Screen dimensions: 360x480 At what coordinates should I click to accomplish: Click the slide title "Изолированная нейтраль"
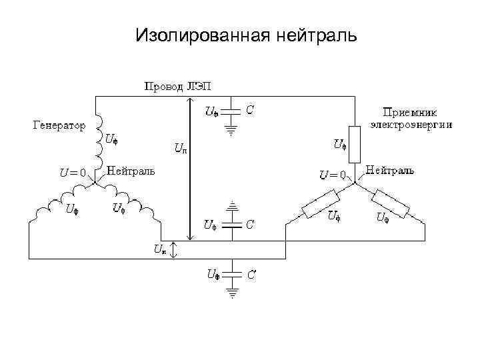pyautogui.click(x=246, y=34)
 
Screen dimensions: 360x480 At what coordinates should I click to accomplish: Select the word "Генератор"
pyautogui.click(x=59, y=125)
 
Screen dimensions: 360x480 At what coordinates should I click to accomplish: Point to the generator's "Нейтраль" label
pyautogui.click(x=131, y=171)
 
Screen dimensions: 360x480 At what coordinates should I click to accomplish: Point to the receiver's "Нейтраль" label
pyautogui.click(x=390, y=170)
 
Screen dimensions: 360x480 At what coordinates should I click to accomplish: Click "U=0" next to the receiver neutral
pyautogui.click(x=332, y=175)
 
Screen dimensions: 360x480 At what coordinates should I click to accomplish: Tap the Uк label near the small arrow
pyautogui.click(x=160, y=250)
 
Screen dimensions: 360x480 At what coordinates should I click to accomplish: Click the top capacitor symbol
pyautogui.click(x=231, y=110)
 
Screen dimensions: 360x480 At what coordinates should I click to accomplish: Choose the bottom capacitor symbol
pyautogui.click(x=231, y=274)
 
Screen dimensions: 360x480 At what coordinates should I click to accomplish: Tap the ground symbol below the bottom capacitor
pyautogui.click(x=231, y=291)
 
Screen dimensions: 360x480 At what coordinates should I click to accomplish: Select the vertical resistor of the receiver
pyautogui.click(x=355, y=142)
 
